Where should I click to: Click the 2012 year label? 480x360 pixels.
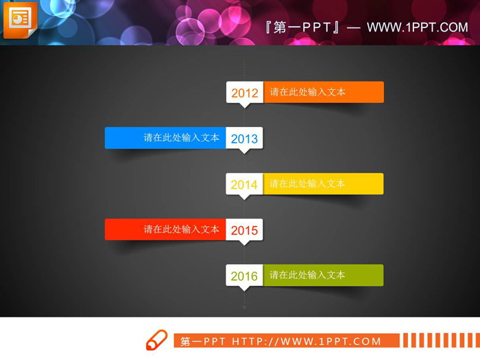pyautogui.click(x=245, y=93)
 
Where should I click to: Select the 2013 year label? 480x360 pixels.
pyautogui.click(x=245, y=139)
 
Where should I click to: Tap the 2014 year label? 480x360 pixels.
pyautogui.click(x=245, y=184)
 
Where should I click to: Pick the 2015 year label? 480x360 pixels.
pyautogui.click(x=245, y=230)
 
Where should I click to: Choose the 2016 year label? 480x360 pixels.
pyautogui.click(x=245, y=276)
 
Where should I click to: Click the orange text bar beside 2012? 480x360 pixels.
pyautogui.click(x=323, y=92)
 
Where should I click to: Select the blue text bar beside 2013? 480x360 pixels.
pyautogui.click(x=165, y=137)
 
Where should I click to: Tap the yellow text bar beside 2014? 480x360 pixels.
pyautogui.click(x=323, y=183)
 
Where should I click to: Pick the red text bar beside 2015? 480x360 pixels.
pyautogui.click(x=165, y=229)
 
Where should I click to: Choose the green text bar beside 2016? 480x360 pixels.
pyautogui.click(x=323, y=275)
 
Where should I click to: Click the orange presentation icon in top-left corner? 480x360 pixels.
pyautogui.click(x=20, y=19)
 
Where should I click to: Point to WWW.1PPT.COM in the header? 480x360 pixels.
pyautogui.click(x=417, y=27)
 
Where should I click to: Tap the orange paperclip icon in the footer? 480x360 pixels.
pyautogui.click(x=157, y=340)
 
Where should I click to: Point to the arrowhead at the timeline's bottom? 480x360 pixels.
pyautogui.click(x=245, y=307)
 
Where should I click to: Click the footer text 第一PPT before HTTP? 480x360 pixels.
pyautogui.click(x=203, y=341)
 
